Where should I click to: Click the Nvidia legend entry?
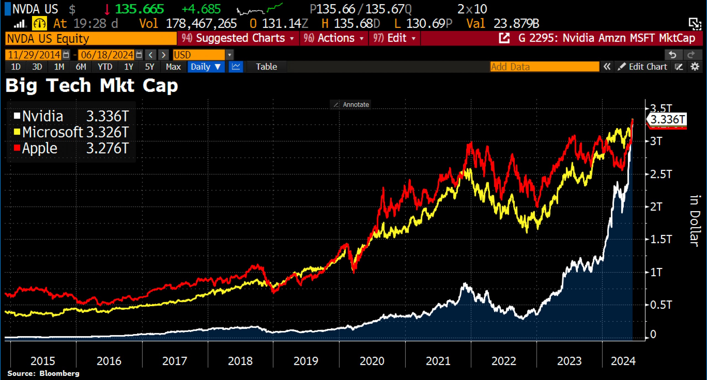point(72,116)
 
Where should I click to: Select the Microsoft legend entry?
point(72,132)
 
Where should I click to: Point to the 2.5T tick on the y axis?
point(661,174)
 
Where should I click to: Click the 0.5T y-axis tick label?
point(661,305)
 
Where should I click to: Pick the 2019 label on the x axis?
point(306,361)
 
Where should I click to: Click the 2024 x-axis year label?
point(623,361)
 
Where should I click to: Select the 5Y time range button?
point(150,67)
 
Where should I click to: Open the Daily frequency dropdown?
point(205,67)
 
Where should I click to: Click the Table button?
point(266,67)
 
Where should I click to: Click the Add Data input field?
point(545,67)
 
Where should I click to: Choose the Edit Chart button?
point(642,67)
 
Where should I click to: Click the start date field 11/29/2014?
point(34,55)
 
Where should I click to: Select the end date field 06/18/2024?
point(107,55)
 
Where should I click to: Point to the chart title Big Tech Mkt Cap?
point(92,86)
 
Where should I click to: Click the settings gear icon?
point(695,67)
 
